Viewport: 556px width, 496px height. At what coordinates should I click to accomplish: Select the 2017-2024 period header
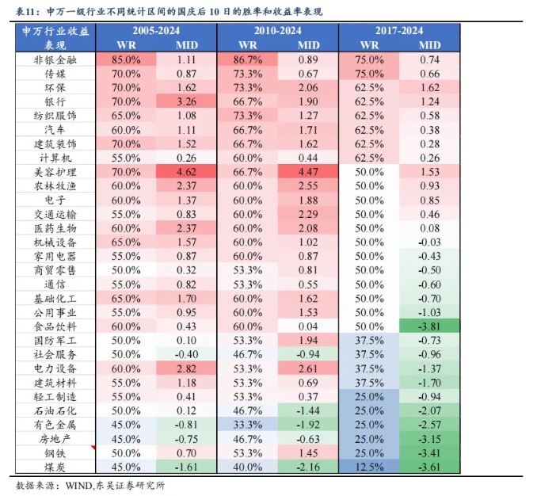(399, 30)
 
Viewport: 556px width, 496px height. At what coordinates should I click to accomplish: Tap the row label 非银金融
(55, 59)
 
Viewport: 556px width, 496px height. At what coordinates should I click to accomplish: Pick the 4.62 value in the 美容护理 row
(187, 172)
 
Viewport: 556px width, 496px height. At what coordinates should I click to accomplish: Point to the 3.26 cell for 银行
(187, 101)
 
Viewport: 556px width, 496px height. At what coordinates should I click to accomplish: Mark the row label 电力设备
(55, 370)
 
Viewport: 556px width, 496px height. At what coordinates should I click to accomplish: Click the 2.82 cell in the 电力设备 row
(187, 370)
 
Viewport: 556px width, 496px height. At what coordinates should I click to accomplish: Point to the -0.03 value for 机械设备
(429, 242)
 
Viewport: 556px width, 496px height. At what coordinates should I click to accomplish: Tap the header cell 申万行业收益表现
(55, 37)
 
